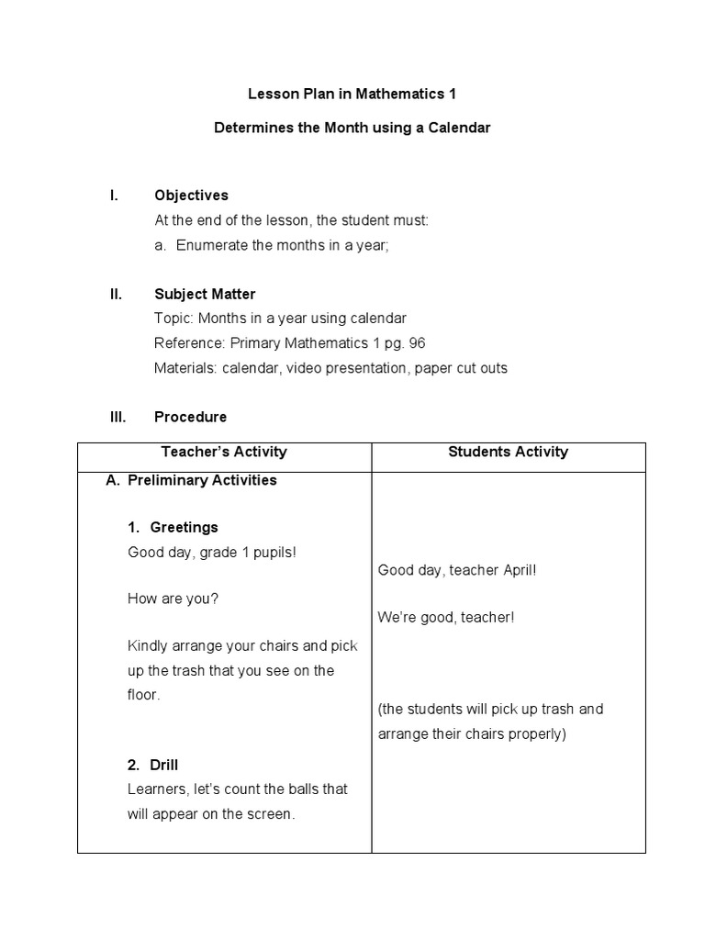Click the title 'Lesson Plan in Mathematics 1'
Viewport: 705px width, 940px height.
click(352, 94)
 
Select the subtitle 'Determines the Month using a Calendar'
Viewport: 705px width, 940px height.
click(352, 129)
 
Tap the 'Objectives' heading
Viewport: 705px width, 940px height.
click(191, 196)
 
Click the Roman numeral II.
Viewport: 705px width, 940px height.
click(116, 294)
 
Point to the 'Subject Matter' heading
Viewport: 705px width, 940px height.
click(205, 294)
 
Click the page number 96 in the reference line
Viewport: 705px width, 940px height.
click(416, 343)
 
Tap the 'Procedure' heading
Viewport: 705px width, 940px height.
click(190, 417)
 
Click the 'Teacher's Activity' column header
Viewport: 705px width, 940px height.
click(224, 452)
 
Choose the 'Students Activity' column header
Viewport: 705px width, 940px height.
click(508, 452)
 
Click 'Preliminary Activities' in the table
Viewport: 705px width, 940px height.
click(202, 480)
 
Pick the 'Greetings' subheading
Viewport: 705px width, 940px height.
click(184, 527)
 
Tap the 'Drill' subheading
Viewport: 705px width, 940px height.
click(164, 765)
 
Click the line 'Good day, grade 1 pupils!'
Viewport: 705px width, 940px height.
click(213, 552)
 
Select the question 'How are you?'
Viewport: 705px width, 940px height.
click(173, 599)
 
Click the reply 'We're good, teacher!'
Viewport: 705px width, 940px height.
click(446, 617)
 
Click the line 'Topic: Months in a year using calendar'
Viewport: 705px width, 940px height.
click(280, 319)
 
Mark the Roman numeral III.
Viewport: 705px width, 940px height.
click(117, 417)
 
